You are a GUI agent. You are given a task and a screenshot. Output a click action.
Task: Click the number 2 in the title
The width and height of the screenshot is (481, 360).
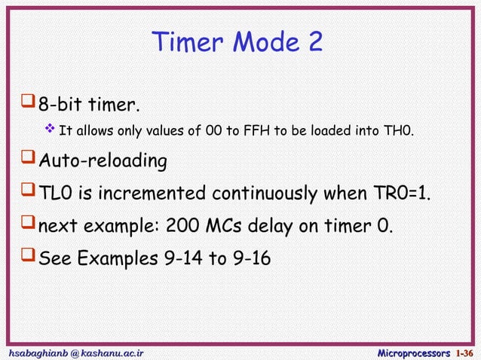pos(314,42)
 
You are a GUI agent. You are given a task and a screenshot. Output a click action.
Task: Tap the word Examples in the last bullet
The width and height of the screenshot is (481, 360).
pos(115,258)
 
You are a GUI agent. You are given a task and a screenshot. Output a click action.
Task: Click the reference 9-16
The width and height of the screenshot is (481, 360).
pos(250,258)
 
